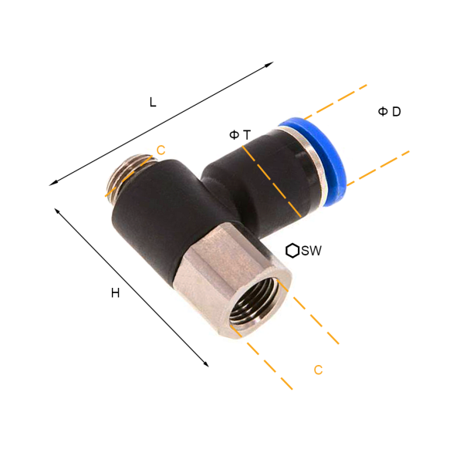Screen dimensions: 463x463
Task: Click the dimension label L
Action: [x=153, y=102]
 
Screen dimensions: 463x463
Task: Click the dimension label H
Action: [x=116, y=293]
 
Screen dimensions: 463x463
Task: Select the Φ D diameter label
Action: [x=389, y=112]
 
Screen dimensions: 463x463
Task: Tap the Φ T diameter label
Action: [x=240, y=135]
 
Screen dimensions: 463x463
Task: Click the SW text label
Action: [x=312, y=251]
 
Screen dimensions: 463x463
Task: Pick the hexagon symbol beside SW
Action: [x=292, y=251]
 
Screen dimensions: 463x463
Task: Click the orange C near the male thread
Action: [x=161, y=150]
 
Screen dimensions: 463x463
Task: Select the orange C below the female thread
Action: [x=318, y=370]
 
